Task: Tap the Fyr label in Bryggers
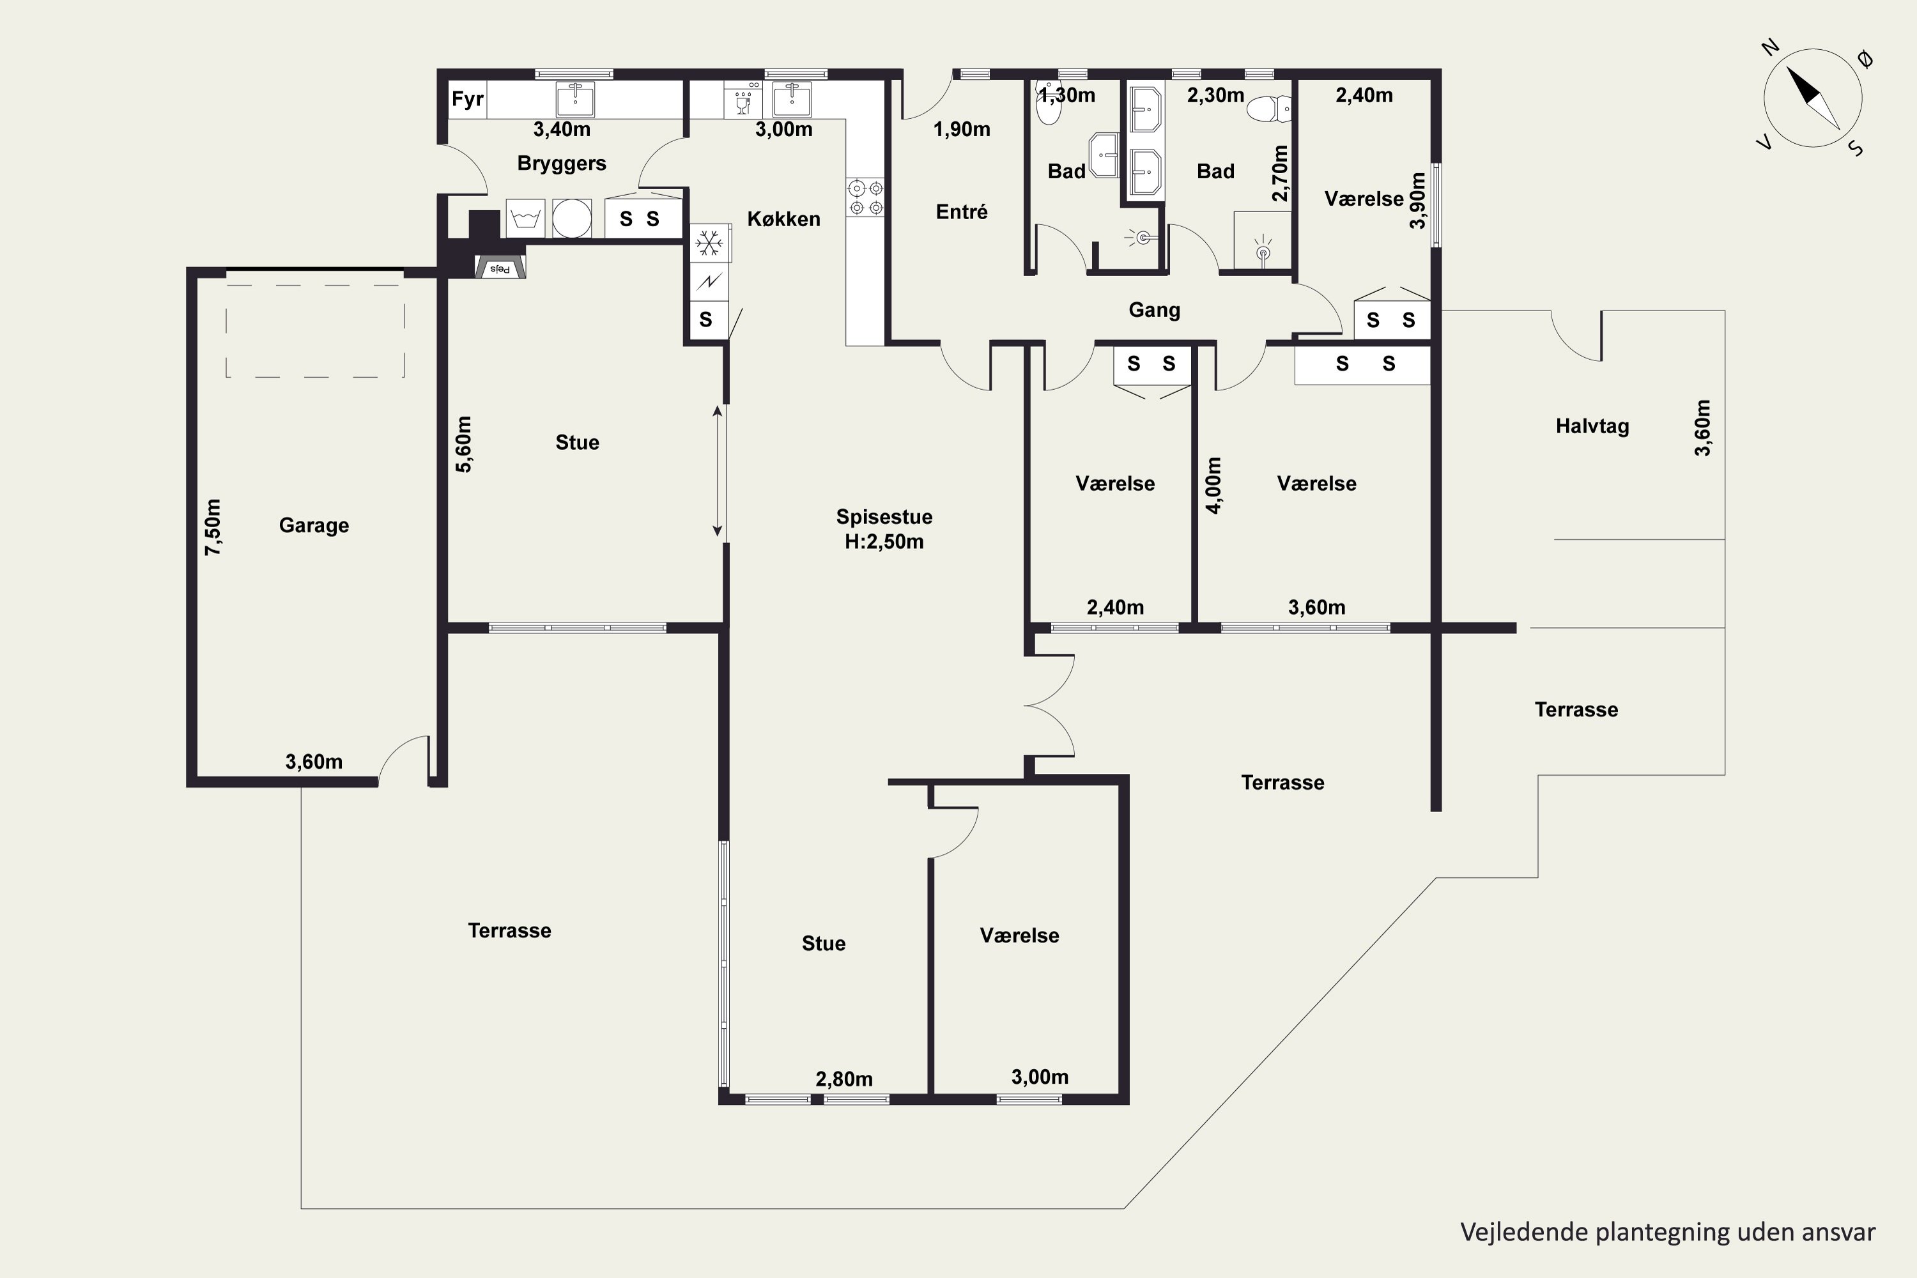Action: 468,100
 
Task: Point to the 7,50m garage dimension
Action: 213,527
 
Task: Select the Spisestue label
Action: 884,517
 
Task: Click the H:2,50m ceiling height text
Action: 884,542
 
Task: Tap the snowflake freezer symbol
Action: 709,243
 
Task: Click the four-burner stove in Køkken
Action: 865,197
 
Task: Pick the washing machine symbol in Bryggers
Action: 526,219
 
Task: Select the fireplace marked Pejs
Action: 500,266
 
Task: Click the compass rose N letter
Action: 1769,47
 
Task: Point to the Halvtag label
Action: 1592,426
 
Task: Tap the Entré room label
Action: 962,212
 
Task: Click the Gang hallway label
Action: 1154,310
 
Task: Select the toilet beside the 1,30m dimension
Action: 1048,104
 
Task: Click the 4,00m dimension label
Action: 1213,485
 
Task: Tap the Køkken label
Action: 784,219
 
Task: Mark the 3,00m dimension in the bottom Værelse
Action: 1040,1077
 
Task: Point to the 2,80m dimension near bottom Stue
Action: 844,1079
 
